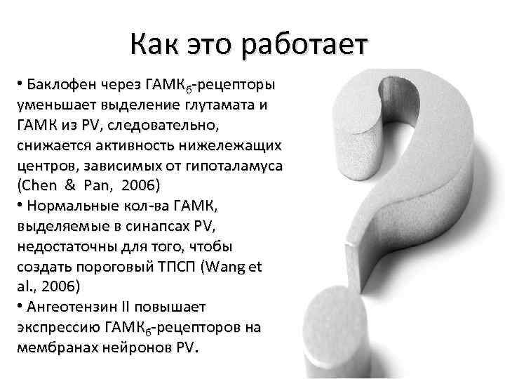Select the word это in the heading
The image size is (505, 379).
pyautogui.click(x=211, y=46)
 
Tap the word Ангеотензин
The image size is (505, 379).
pyautogui.click(x=70, y=307)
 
